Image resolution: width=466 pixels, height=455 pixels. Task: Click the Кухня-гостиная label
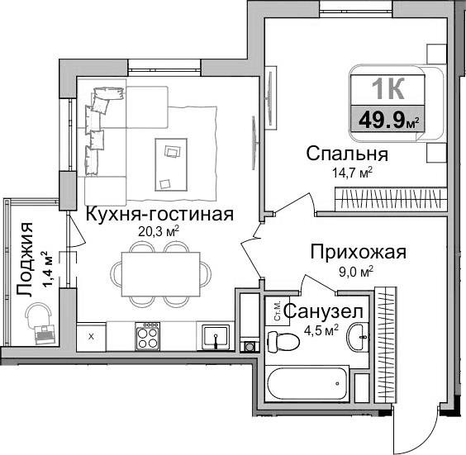point(159,214)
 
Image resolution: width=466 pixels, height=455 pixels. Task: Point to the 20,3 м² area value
point(159,232)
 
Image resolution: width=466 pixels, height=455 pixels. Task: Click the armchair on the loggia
point(39,319)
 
